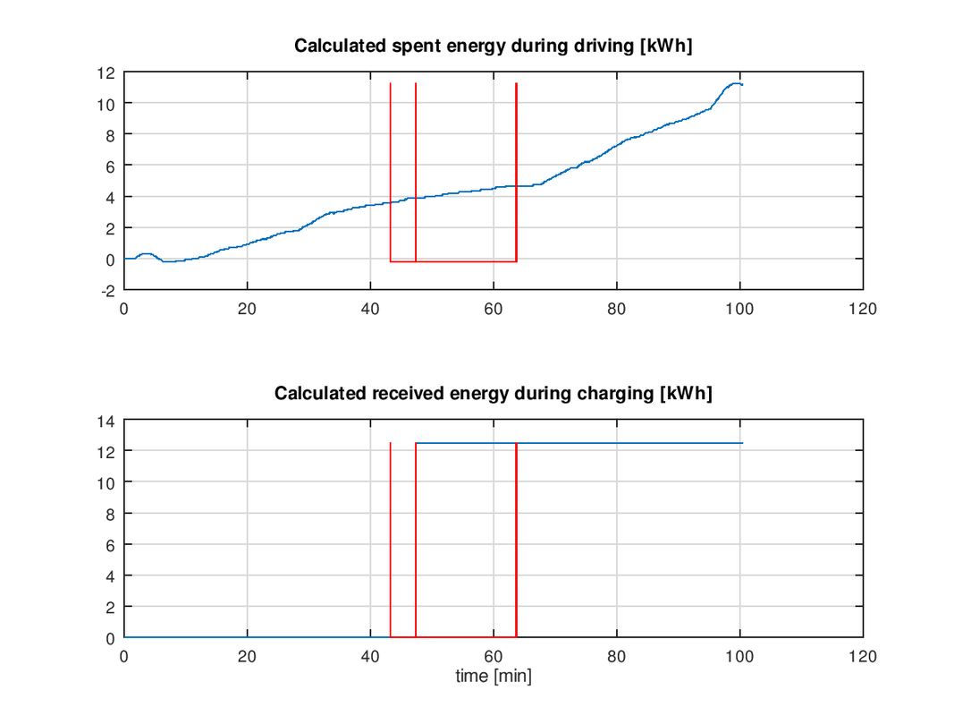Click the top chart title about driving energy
pyautogui.click(x=494, y=47)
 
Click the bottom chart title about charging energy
pyautogui.click(x=494, y=393)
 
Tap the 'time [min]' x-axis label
pyautogui.click(x=494, y=677)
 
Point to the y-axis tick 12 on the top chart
pyautogui.click(x=108, y=72)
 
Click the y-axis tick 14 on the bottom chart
pyautogui.click(x=108, y=420)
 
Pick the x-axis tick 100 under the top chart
pyautogui.click(x=740, y=309)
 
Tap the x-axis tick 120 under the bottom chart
pyautogui.click(x=863, y=657)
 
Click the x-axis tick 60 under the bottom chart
pyautogui.click(x=494, y=657)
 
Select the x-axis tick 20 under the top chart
pyautogui.click(x=247, y=309)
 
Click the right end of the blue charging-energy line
pyautogui.click(x=742, y=443)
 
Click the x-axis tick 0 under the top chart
pyautogui.click(x=124, y=309)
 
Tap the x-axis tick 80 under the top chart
pyautogui.click(x=617, y=309)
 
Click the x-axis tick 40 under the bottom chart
pyautogui.click(x=370, y=657)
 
